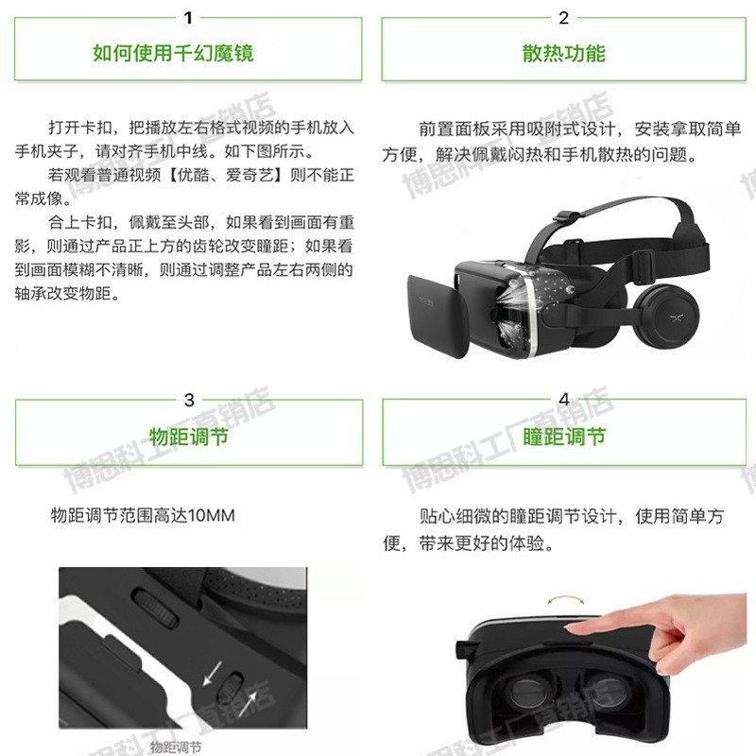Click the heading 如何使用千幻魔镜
pyautogui.click(x=173, y=53)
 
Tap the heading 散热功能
pyautogui.click(x=564, y=53)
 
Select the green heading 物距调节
pyautogui.click(x=189, y=437)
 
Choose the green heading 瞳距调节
pyautogui.click(x=564, y=437)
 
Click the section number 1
pyautogui.click(x=188, y=17)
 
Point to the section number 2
pyautogui.click(x=564, y=17)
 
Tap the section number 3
pyautogui.click(x=189, y=400)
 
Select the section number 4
pyautogui.click(x=564, y=400)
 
